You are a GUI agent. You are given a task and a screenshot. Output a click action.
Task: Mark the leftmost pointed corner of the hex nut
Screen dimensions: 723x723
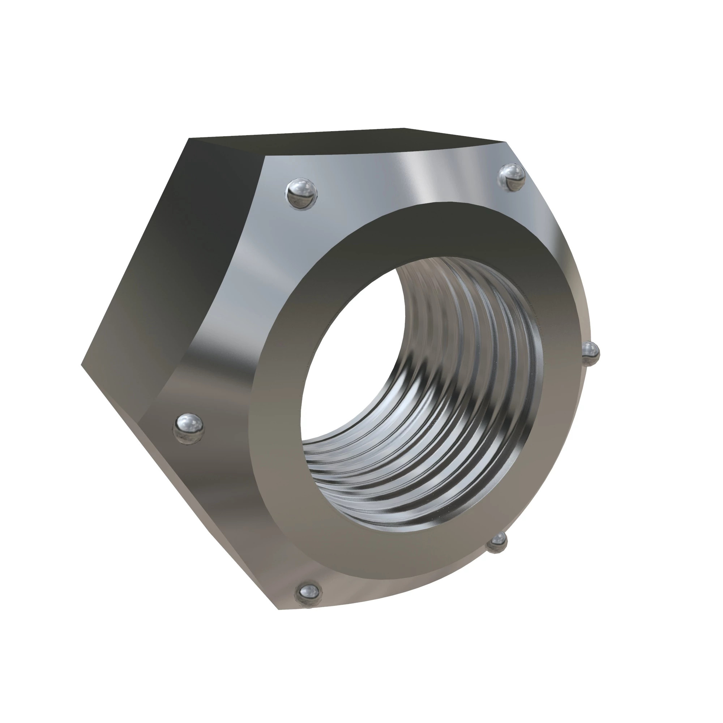click(x=82, y=363)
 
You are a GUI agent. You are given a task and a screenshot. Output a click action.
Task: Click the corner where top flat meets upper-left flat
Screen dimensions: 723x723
click(x=189, y=138)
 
